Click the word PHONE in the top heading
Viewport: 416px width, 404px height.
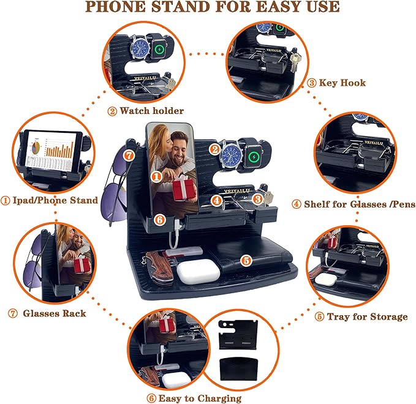[x=120, y=8]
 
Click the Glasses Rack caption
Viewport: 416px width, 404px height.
[x=54, y=313]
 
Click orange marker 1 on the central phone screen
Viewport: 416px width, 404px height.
[x=157, y=176]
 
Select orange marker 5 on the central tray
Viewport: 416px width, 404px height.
[x=246, y=260]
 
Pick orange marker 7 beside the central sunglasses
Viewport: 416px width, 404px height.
[x=128, y=155]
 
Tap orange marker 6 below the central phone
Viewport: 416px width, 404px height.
[x=159, y=219]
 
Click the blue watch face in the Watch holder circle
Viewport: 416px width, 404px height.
[x=140, y=49]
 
